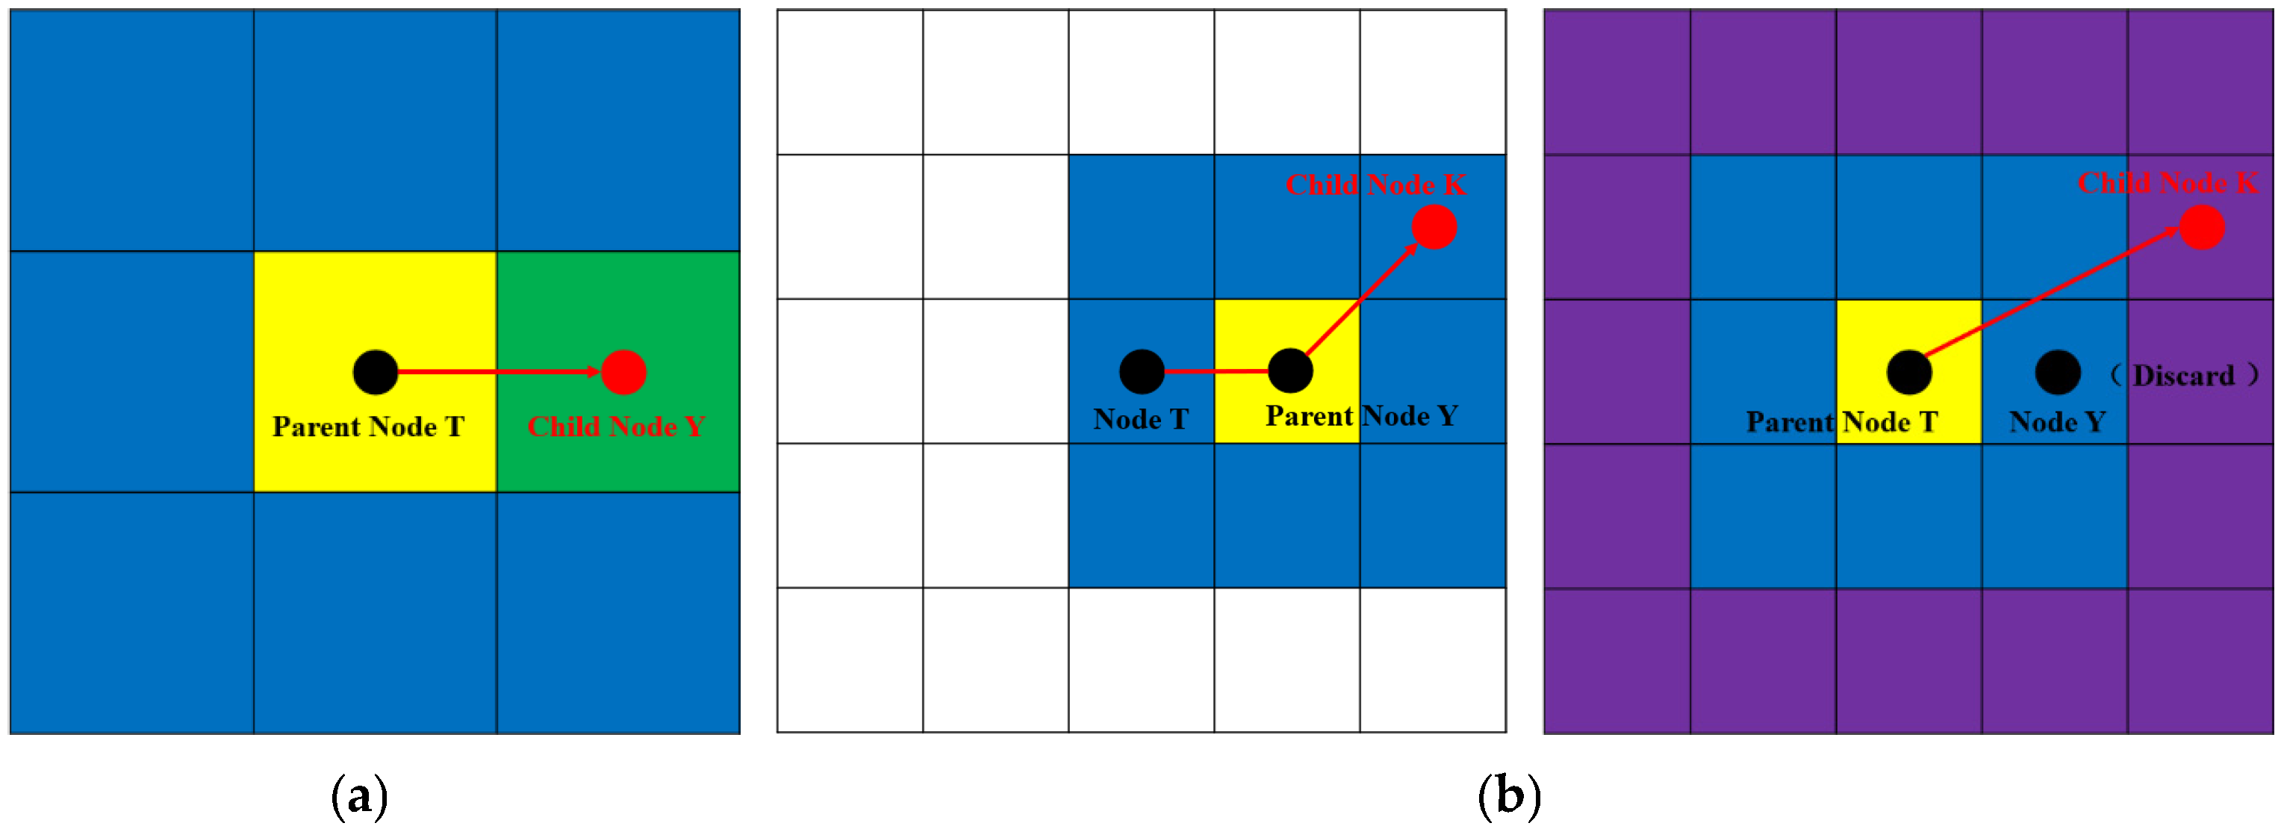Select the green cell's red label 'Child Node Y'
[616, 426]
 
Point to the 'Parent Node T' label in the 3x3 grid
[368, 426]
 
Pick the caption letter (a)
[359, 796]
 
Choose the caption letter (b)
[1509, 796]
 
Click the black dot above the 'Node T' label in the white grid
[1141, 371]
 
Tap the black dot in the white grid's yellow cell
[1290, 370]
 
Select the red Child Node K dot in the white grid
[1434, 227]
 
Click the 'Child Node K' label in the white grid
[1376, 184]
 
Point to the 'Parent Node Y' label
[1361, 416]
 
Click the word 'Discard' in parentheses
[2183, 376]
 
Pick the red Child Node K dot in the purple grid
[2202, 227]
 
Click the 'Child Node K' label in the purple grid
[2168, 183]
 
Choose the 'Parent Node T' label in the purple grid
[1841, 422]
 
